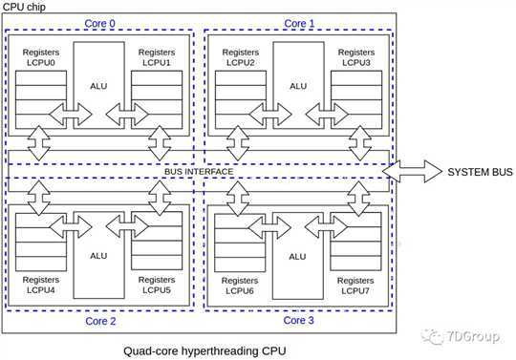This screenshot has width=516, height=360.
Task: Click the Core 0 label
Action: [x=99, y=23]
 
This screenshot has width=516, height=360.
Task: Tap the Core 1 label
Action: [x=299, y=23]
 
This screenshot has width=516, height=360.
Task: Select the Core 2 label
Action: [x=100, y=321]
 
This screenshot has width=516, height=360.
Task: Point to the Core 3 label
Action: [x=298, y=320]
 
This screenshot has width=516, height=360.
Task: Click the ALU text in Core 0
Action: [x=98, y=86]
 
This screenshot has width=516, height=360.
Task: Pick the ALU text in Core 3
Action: [x=297, y=257]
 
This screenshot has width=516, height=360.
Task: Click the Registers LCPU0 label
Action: [x=41, y=57]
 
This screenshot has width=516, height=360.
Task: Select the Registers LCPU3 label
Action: [x=356, y=57]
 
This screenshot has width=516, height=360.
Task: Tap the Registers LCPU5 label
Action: [x=157, y=285]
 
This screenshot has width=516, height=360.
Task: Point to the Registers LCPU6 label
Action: [x=240, y=286]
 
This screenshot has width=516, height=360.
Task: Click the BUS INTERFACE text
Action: [x=199, y=172]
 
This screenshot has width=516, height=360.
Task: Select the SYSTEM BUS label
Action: [x=480, y=172]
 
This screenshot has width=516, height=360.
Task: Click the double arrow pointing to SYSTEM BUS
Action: [x=412, y=171]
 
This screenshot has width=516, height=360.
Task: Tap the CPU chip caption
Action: [x=24, y=7]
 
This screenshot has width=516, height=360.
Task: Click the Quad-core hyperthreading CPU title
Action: [x=204, y=351]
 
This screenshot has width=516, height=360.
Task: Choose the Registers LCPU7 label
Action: [x=355, y=286]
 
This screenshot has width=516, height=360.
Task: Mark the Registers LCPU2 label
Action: [x=241, y=57]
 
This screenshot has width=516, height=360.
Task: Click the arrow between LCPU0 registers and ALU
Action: [x=71, y=114]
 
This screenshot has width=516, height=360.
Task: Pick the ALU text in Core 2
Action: [x=98, y=256]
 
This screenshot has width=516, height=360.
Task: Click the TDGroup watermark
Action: [x=461, y=337]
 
